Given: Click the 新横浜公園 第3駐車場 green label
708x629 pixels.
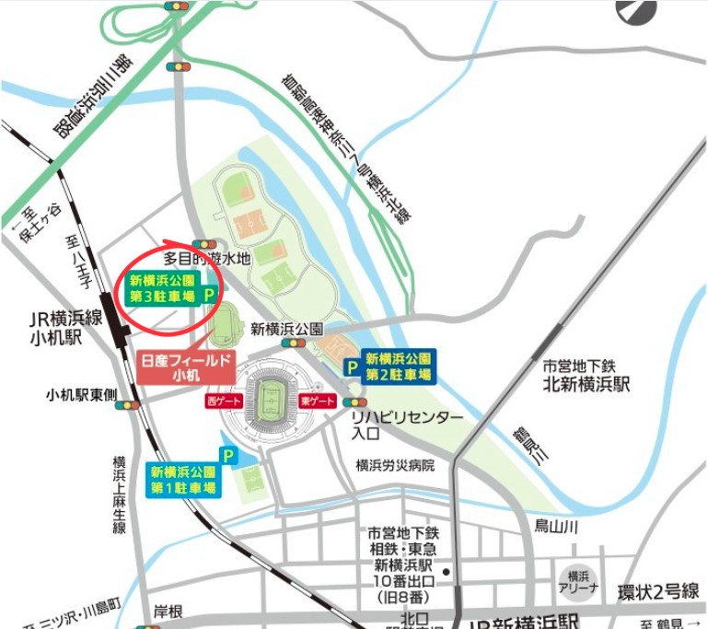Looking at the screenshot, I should pyautogui.click(x=163, y=288).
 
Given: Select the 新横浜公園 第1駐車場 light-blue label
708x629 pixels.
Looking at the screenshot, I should pyautogui.click(x=183, y=479).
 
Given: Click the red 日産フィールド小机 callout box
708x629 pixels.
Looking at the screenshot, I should pyautogui.click(x=187, y=367).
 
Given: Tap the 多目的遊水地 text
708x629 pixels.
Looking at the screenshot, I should pyautogui.click(x=207, y=261).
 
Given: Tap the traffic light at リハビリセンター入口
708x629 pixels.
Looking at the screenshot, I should pyautogui.click(x=354, y=402).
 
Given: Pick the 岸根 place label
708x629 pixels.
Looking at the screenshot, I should pyautogui.click(x=168, y=611).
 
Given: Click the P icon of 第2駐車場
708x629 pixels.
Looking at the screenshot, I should pyautogui.click(x=352, y=367).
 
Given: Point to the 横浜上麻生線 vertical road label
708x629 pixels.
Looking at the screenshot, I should pyautogui.click(x=120, y=495).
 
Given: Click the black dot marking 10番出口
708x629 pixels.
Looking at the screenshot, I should pyautogui.click(x=445, y=572).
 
